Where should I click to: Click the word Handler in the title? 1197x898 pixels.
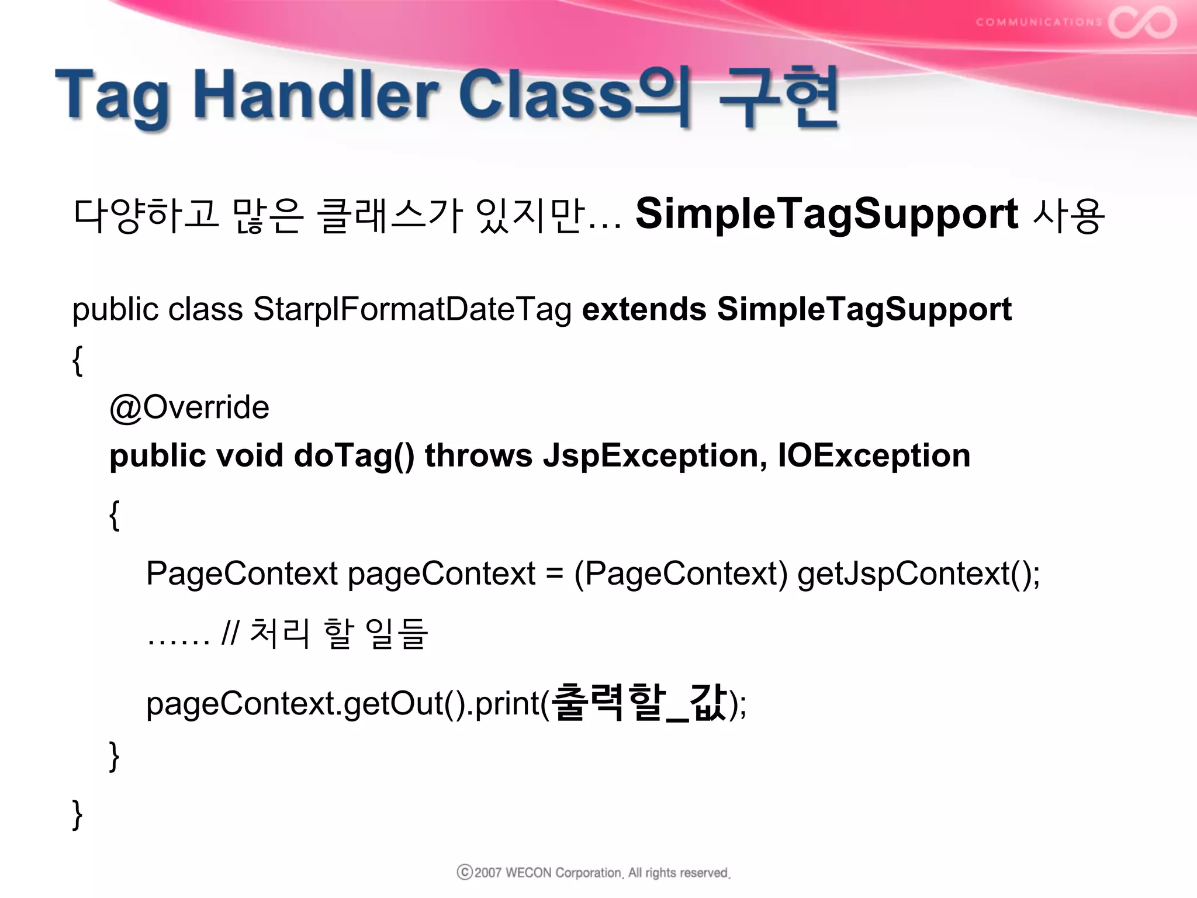coord(319,95)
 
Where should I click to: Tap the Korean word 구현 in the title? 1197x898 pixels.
coord(779,97)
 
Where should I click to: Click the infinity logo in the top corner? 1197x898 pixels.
coord(1143,22)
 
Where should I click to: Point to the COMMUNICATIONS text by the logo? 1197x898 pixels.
coord(1039,22)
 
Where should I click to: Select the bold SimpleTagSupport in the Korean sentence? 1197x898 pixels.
coord(826,214)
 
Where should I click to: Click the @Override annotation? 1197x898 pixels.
coord(189,407)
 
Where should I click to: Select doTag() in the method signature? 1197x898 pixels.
coord(354,455)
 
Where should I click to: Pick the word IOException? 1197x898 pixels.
coord(874,455)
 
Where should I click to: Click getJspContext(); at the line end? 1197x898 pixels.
coord(918,574)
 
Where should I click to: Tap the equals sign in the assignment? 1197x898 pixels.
coord(555,574)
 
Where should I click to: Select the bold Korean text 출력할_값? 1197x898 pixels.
coord(639,702)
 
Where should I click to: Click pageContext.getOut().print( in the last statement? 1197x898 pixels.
coord(348,703)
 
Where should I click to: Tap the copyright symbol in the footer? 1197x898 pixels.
coord(465,872)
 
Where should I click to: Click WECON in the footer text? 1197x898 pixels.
coord(528,873)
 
